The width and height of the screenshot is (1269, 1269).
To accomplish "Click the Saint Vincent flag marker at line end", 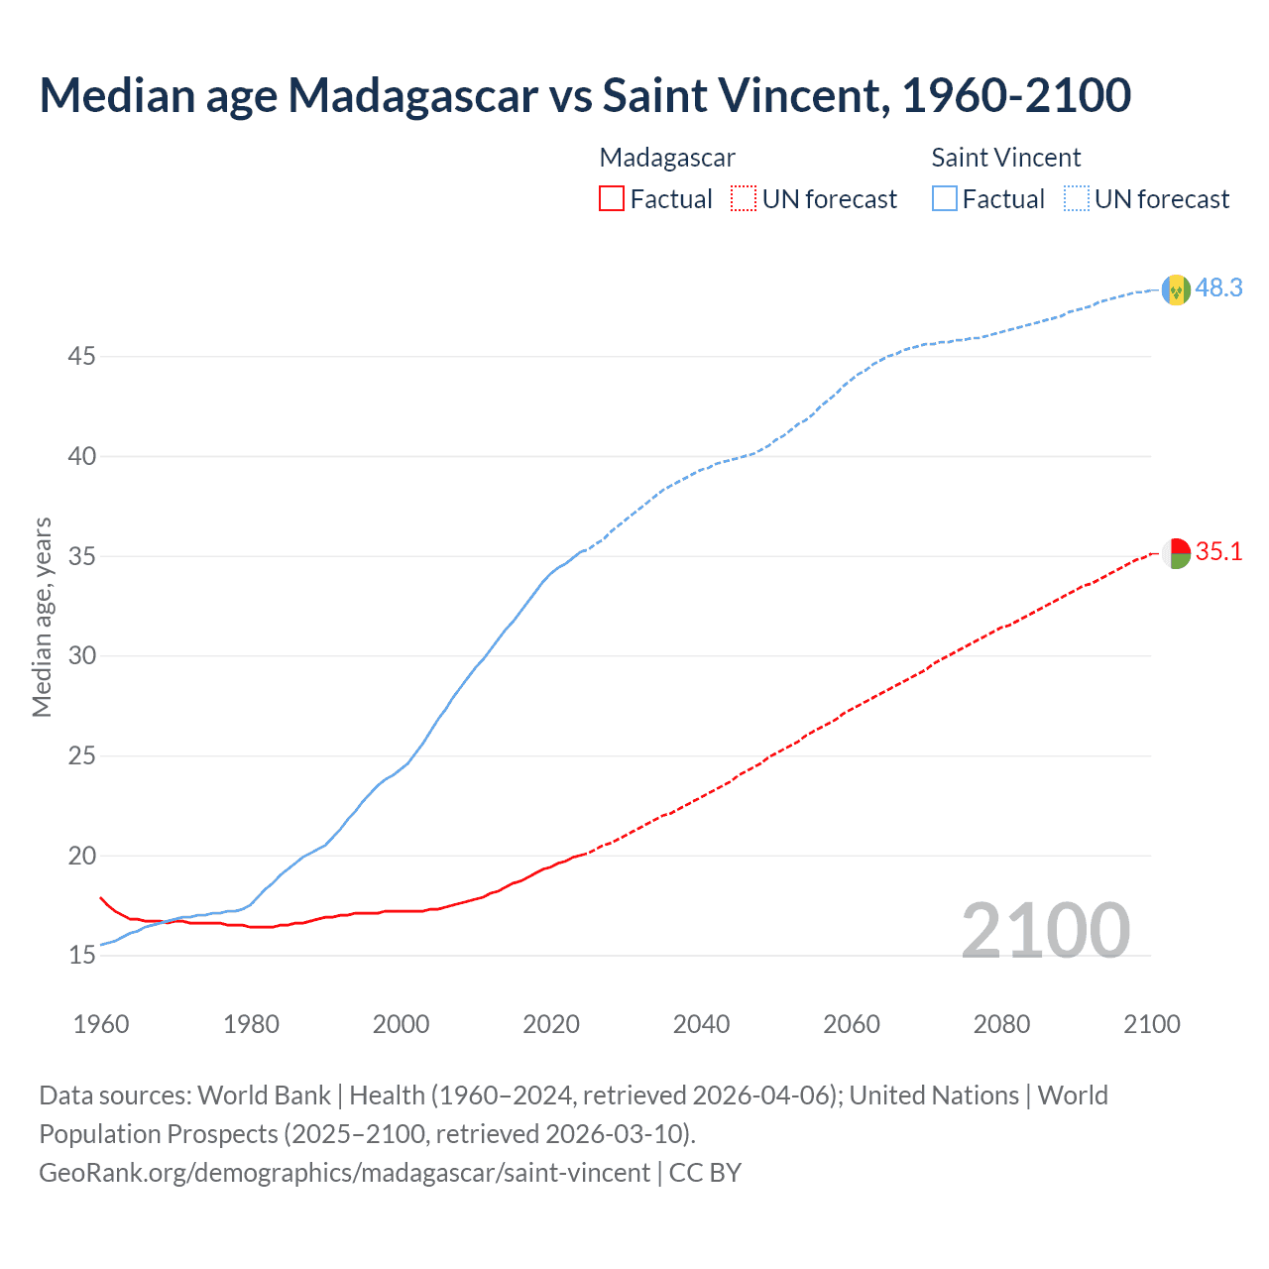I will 1176,289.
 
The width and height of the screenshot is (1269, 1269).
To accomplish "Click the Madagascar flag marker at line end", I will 1176,553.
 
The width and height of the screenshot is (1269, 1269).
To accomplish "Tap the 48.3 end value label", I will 1218,288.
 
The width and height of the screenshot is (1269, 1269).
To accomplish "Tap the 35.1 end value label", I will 1218,551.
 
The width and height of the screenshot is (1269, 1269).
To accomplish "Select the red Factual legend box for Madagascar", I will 612,198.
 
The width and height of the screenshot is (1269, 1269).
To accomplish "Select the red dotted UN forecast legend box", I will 744,198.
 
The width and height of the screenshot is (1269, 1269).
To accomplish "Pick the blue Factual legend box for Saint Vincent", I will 944,198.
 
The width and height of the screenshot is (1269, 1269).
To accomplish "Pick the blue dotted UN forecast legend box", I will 1076,198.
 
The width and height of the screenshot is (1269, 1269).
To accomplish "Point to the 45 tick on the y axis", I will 81,356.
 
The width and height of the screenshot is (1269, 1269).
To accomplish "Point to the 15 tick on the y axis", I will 81,956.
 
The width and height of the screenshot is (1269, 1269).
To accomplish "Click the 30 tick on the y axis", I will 81,655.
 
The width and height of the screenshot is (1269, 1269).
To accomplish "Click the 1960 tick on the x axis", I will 101,1024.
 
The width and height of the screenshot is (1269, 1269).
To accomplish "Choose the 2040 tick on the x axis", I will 701,1024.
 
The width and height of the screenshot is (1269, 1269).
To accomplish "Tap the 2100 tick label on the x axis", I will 1152,1024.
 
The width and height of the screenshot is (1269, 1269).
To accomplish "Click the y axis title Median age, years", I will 42,617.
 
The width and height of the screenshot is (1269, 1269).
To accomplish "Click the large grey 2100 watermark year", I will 1046,930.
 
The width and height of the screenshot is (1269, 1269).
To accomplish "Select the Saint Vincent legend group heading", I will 1005,158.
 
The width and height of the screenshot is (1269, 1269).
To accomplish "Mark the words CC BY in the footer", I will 705,1172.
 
